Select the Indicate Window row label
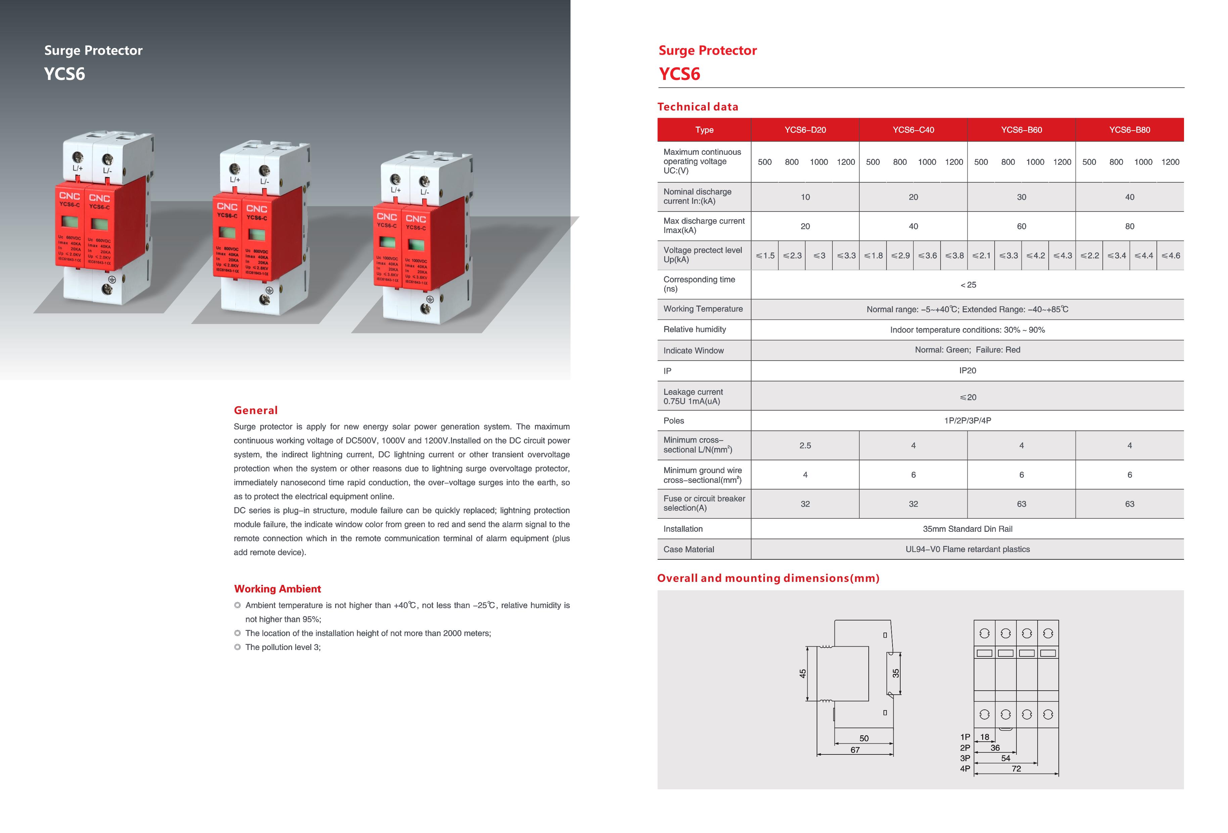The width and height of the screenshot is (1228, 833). click(693, 351)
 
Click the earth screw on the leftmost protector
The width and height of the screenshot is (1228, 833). click(108, 289)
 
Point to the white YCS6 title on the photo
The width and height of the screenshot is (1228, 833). click(64, 74)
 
